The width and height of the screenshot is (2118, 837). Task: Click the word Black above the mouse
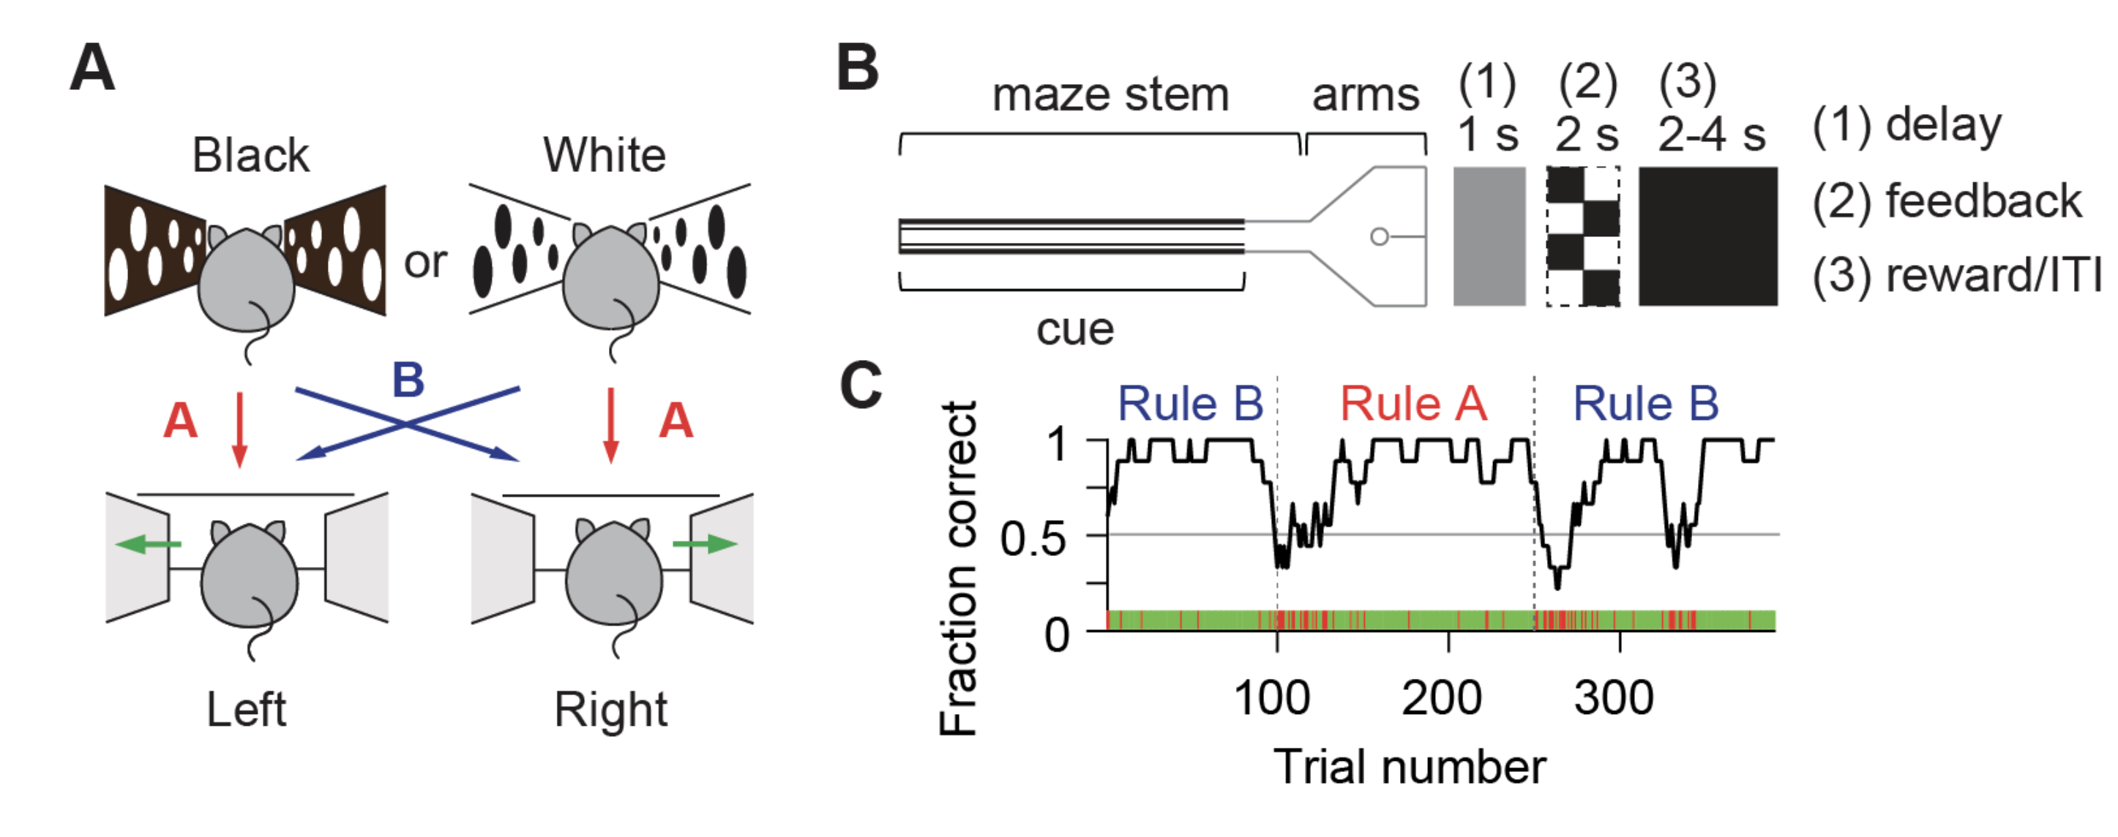(x=251, y=154)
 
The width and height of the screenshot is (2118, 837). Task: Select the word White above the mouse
(x=605, y=154)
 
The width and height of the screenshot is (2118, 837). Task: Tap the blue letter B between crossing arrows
(x=408, y=380)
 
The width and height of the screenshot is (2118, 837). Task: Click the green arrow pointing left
(x=148, y=544)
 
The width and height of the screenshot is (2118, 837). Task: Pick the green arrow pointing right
(x=705, y=544)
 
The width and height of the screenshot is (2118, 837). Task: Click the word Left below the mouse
(x=246, y=710)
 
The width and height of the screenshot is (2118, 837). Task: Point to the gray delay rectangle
(x=1489, y=237)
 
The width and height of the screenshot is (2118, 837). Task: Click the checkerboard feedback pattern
(x=1583, y=237)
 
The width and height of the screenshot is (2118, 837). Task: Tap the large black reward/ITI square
(x=1707, y=237)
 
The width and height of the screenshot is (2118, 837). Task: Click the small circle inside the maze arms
(x=1380, y=237)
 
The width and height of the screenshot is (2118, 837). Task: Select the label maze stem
(x=1110, y=95)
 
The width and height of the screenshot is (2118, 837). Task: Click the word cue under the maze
(x=1074, y=331)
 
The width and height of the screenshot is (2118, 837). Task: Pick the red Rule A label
(x=1413, y=404)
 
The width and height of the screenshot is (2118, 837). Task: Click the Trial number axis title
(x=1410, y=767)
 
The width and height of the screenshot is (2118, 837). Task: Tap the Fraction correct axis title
(x=959, y=568)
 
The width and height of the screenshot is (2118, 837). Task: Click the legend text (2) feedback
(x=1947, y=201)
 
